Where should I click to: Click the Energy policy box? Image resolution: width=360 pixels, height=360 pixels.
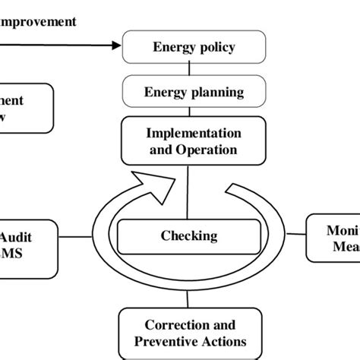tap(194, 47)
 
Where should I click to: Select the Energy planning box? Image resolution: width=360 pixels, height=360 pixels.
tap(194, 93)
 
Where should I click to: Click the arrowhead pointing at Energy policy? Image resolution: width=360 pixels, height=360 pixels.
tap(115, 46)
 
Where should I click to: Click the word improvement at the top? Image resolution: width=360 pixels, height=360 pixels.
tap(38, 21)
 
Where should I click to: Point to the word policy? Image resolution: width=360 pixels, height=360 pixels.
tap(216, 47)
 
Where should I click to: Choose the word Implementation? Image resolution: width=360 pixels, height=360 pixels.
tap(194, 132)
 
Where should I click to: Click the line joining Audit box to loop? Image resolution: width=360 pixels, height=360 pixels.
tap(74, 236)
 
